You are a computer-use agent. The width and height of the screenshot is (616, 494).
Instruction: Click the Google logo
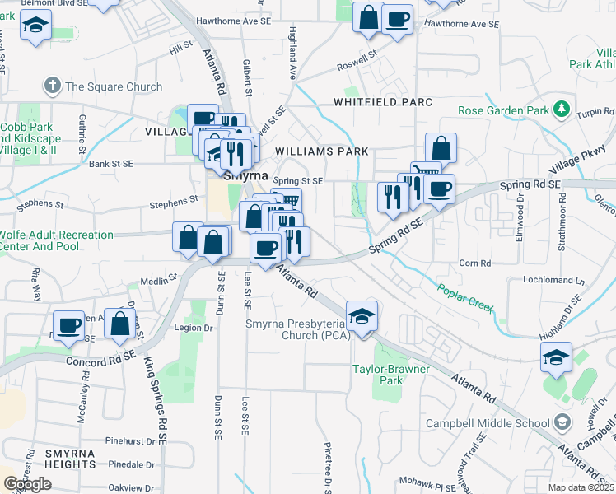(x=27, y=483)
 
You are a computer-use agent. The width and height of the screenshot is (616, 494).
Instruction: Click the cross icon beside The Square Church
(x=53, y=86)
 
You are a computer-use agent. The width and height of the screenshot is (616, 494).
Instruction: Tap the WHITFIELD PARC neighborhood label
(x=382, y=102)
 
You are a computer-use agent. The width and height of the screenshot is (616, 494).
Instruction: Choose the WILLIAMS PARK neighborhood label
(x=321, y=151)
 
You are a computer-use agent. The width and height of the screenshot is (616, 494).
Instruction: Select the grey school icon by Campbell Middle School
(x=562, y=423)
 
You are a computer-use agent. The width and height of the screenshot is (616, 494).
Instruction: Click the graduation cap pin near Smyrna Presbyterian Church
(x=361, y=317)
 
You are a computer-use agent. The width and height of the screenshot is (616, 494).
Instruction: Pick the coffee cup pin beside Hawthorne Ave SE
(x=396, y=18)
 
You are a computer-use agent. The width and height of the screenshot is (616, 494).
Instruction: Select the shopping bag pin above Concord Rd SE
(x=120, y=324)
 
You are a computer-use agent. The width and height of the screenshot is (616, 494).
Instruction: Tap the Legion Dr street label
(x=194, y=327)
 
